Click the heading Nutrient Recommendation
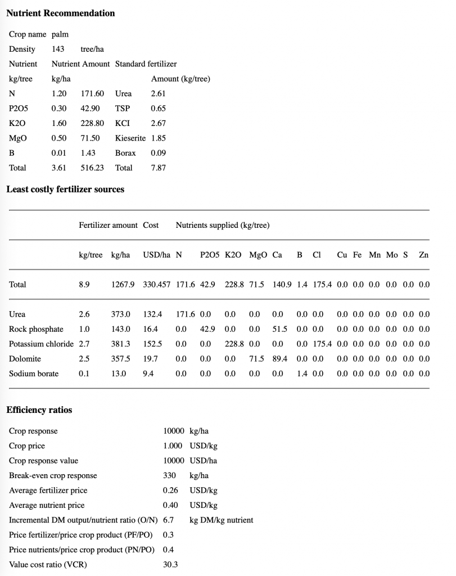(61, 13)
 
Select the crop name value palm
(60, 34)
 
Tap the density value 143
(58, 49)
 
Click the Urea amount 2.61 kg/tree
(159, 93)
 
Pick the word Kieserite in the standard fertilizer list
(130, 138)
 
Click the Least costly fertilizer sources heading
(65, 190)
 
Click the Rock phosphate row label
(37, 329)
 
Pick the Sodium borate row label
(34, 373)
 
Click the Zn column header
(423, 255)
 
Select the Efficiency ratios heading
(39, 410)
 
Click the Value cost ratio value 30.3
(170, 564)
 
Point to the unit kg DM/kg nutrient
(222, 520)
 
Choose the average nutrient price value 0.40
(170, 505)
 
